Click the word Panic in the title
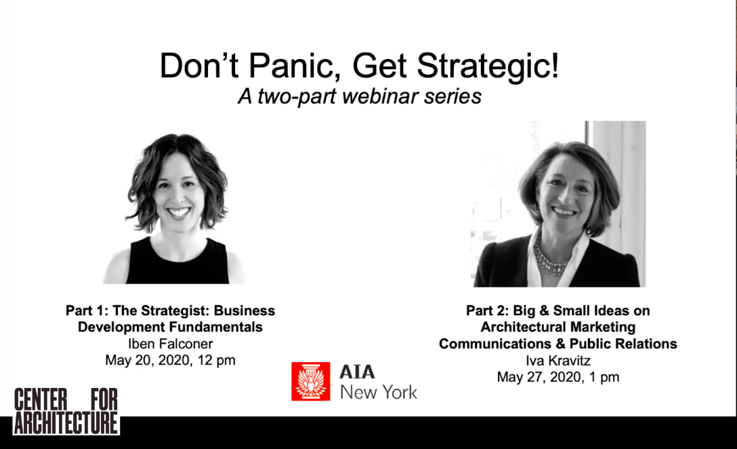[x=294, y=66]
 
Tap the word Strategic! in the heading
[x=488, y=67]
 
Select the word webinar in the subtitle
[x=380, y=96]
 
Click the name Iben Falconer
[x=170, y=344]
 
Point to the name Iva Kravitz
[x=558, y=361]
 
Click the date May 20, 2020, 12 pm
[x=170, y=361]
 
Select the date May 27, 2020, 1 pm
[x=558, y=378]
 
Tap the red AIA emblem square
[x=311, y=381]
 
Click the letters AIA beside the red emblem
[x=357, y=372]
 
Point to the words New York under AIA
[x=379, y=392]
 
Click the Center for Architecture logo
[x=66, y=411]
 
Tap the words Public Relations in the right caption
[x=623, y=344]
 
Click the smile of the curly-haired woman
[x=179, y=212]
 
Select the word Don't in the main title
[x=200, y=66]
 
